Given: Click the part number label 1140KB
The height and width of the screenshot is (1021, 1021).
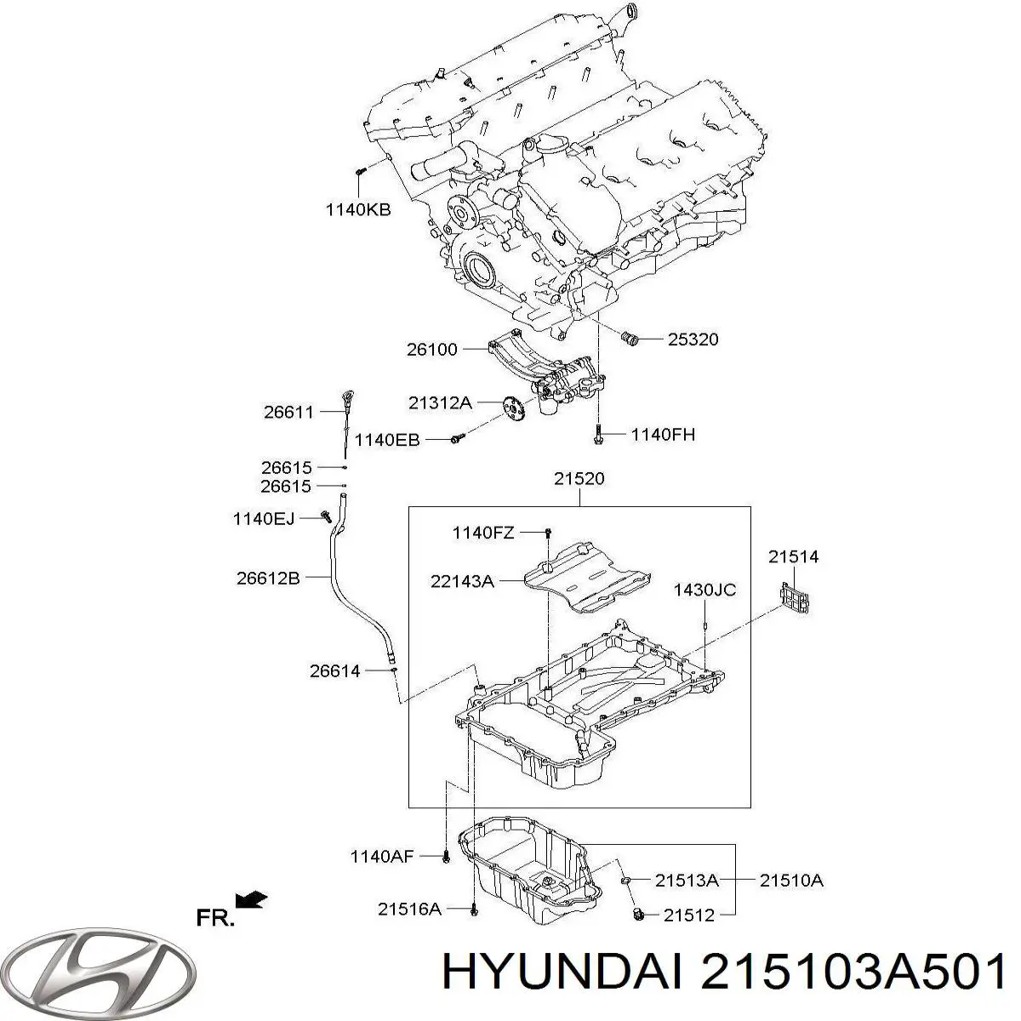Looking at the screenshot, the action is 358,210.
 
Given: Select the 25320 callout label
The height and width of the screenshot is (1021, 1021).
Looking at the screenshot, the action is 693,339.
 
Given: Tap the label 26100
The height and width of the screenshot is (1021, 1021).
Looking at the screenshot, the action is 432,349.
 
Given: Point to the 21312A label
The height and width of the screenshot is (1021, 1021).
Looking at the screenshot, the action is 440,403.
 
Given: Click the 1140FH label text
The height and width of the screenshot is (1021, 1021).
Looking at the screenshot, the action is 663,435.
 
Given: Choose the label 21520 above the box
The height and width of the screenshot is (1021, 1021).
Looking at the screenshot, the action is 579,479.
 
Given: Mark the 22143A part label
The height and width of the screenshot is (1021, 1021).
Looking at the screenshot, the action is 462,582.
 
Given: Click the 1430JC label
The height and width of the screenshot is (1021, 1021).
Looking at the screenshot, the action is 704,590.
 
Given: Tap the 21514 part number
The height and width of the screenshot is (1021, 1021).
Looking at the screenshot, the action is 794,556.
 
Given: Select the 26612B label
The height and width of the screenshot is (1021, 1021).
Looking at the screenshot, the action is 268,578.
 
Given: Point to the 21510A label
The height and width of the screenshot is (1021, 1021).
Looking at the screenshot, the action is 791,880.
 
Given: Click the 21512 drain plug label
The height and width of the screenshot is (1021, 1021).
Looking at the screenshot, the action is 689,915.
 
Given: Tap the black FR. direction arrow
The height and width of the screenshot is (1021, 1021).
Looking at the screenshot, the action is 251,898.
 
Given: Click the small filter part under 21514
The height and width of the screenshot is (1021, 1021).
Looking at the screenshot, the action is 796,597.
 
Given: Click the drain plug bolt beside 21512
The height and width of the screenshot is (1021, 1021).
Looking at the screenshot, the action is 638,914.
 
